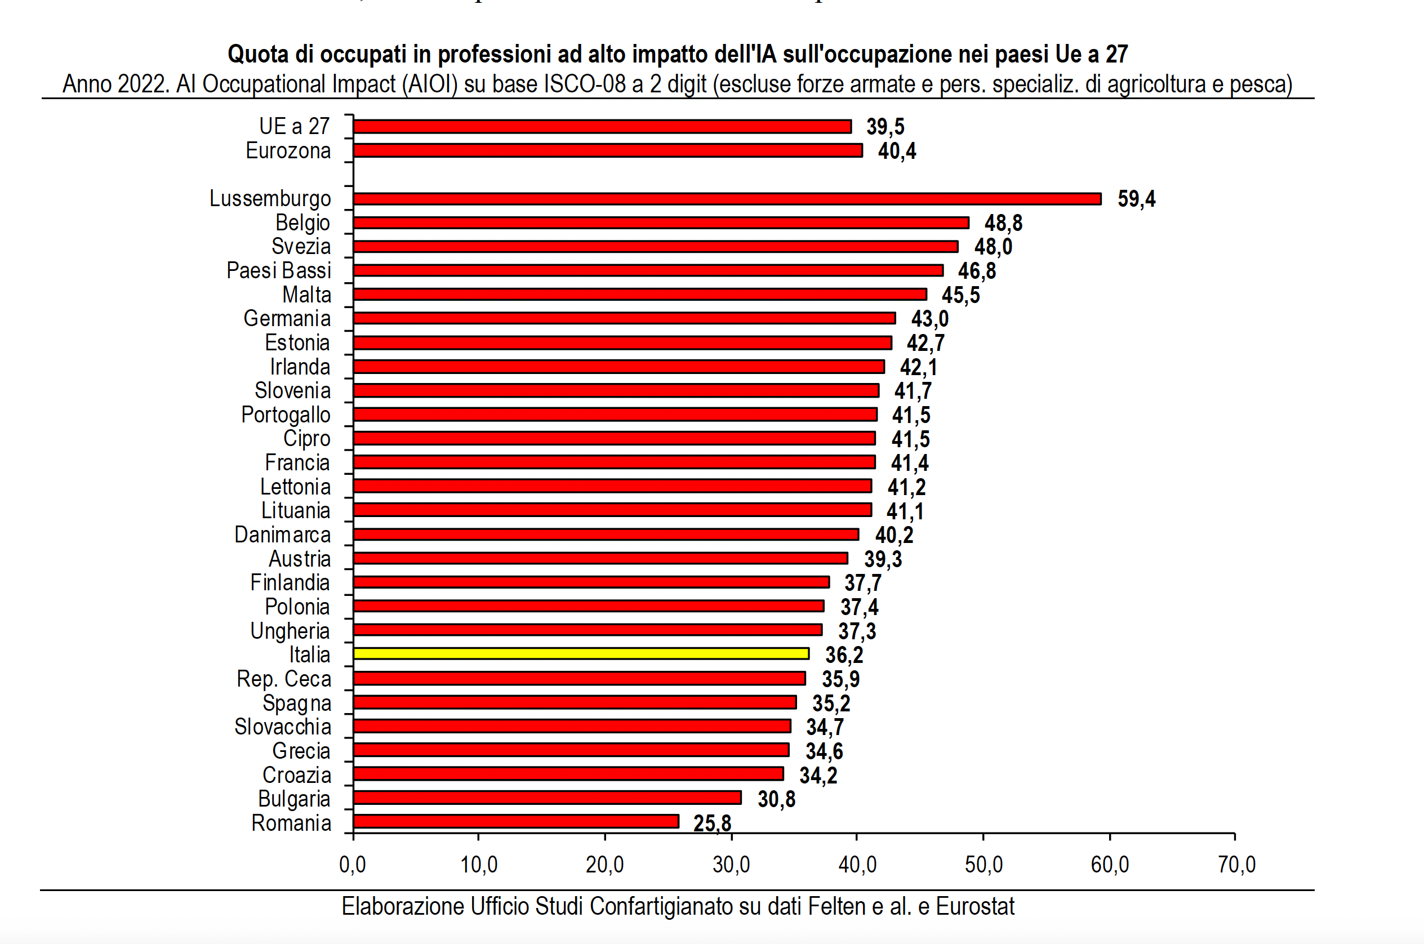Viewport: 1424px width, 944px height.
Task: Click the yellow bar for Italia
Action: pyautogui.click(x=581, y=654)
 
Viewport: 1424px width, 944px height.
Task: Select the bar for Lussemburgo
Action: pyautogui.click(x=727, y=199)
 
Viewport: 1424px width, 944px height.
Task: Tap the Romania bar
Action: pyautogui.click(x=516, y=821)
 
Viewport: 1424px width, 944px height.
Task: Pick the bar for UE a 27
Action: pyautogui.click(x=602, y=126)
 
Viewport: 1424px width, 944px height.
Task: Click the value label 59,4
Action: pyautogui.click(x=1136, y=199)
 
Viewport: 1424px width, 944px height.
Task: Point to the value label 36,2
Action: pyautogui.click(x=844, y=654)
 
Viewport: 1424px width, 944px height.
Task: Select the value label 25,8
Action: pyautogui.click(x=711, y=823)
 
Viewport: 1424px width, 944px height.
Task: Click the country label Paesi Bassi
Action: pyautogui.click(x=278, y=270)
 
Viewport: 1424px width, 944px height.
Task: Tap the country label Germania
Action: pyautogui.click(x=287, y=318)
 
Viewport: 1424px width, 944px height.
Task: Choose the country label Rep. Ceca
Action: pyautogui.click(x=283, y=679)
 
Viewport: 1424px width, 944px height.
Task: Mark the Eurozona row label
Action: pyautogui.click(x=288, y=150)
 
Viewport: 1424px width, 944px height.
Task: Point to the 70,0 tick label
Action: pyautogui.click(x=1236, y=865)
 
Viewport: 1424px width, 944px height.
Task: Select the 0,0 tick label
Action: pyautogui.click(x=352, y=865)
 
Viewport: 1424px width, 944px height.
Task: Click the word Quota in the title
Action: pyautogui.click(x=259, y=54)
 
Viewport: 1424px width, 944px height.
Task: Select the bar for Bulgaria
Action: pyautogui.click(x=548, y=798)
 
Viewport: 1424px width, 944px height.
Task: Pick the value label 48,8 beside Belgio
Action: pyautogui.click(x=1003, y=222)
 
